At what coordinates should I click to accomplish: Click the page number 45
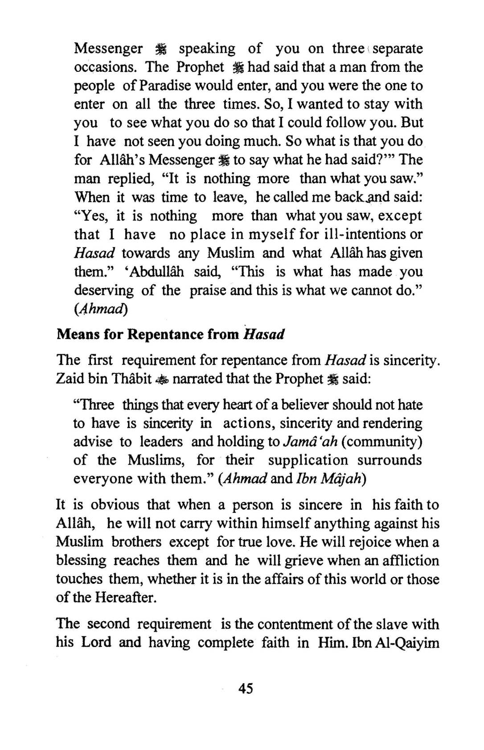pyautogui.click(x=246, y=688)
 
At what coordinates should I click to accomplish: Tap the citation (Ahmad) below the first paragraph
pyautogui.click(x=101, y=309)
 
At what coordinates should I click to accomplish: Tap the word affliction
pyautogui.click(x=410, y=560)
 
